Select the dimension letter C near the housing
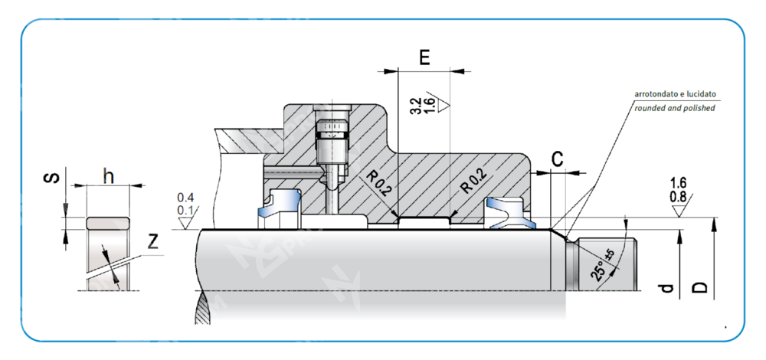coord(558,159)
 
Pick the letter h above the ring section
coord(109,175)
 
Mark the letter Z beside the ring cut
coord(152,242)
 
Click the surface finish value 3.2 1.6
coord(422,106)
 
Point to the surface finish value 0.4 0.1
coord(185,205)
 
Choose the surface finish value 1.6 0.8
coord(677,189)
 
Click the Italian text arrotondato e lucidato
coord(675,94)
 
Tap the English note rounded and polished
coord(674,108)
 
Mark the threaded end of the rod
coord(606,264)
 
